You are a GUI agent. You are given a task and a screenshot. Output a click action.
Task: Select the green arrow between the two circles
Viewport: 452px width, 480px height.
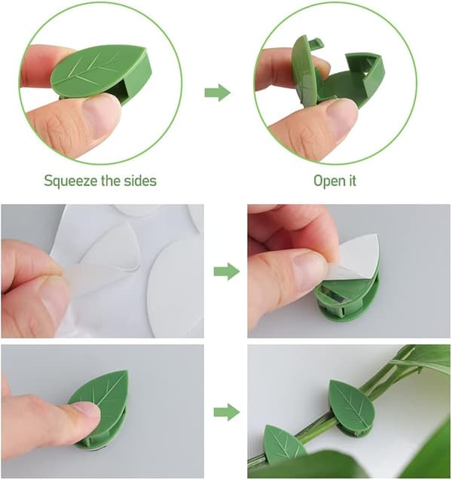click(218, 92)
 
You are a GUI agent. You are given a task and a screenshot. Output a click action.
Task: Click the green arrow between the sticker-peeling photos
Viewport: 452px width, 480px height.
click(227, 272)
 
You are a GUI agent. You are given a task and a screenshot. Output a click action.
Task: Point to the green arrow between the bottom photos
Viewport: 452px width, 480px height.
click(227, 412)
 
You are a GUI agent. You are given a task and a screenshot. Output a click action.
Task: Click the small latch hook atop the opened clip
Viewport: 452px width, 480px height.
click(316, 43)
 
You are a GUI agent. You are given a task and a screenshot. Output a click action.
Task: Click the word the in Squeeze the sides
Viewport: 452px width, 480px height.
click(111, 181)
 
